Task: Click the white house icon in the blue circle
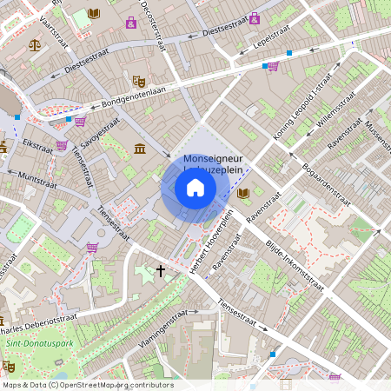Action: pos(195,188)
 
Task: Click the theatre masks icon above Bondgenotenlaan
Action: pos(138,81)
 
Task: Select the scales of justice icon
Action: pos(35,44)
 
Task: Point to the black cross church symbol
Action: pos(160,271)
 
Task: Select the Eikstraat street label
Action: pos(38,145)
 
